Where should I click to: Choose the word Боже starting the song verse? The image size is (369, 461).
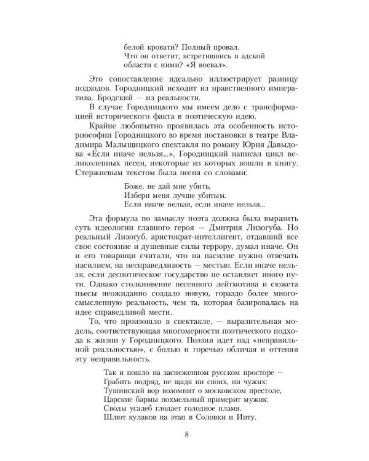click(135, 187)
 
